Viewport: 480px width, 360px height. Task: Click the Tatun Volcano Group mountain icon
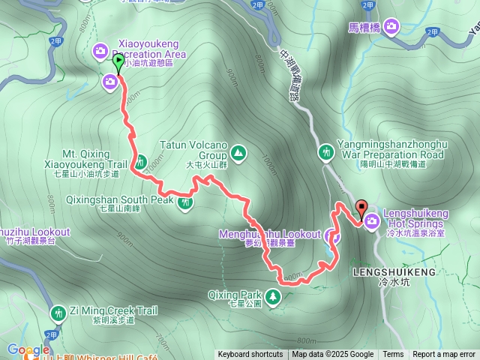[238, 153]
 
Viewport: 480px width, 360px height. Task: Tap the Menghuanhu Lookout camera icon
[334, 236]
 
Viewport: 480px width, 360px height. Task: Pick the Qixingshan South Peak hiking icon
[186, 201]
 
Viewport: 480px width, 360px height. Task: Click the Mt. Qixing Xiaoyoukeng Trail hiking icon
[140, 161]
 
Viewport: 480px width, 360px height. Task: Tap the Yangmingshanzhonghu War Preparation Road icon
[325, 152]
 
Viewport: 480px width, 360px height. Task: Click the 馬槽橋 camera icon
[391, 28]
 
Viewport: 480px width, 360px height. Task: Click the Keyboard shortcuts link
[250, 355]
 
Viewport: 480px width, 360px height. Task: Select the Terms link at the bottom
[393, 355]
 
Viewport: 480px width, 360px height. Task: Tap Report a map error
[444, 355]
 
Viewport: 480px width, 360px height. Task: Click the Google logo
[28, 349]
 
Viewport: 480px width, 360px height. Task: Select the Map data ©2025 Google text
[332, 355]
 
